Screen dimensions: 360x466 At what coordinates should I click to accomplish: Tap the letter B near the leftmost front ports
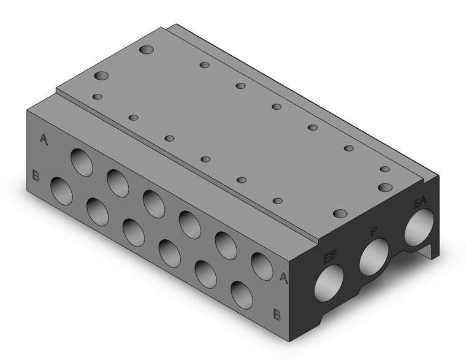point(36,177)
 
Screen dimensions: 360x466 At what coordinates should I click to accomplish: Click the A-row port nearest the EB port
point(260,265)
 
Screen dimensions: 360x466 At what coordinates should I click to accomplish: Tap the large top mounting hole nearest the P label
point(341,213)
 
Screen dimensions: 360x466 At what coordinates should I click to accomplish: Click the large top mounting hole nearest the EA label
point(385,187)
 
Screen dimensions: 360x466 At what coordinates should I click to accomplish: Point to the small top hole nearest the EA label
point(384,169)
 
